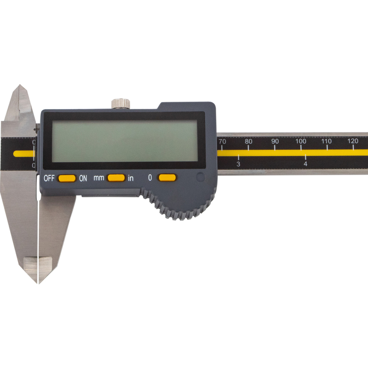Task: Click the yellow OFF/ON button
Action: (x=67, y=178)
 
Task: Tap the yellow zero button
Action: (x=167, y=178)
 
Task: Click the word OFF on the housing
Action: (x=49, y=178)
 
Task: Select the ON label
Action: (x=83, y=178)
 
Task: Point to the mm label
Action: (x=99, y=178)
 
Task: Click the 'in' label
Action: (x=131, y=178)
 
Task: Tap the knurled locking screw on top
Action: (x=121, y=103)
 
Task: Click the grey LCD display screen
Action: (x=125, y=141)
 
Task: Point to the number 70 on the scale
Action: (x=222, y=142)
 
